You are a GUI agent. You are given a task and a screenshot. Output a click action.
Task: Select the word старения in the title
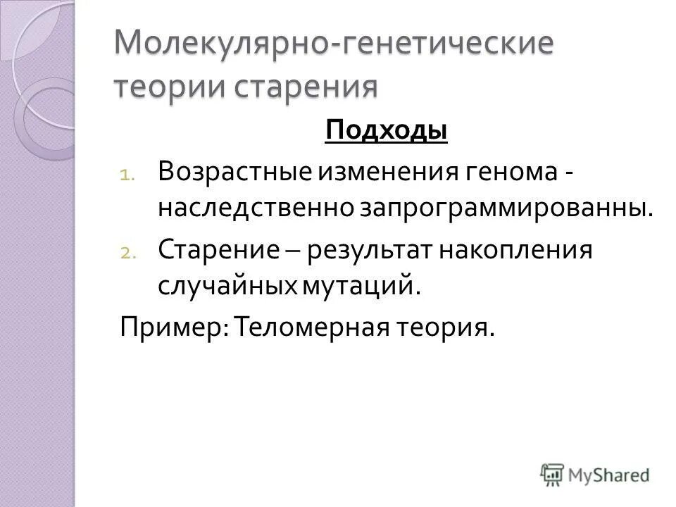tap(313, 87)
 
